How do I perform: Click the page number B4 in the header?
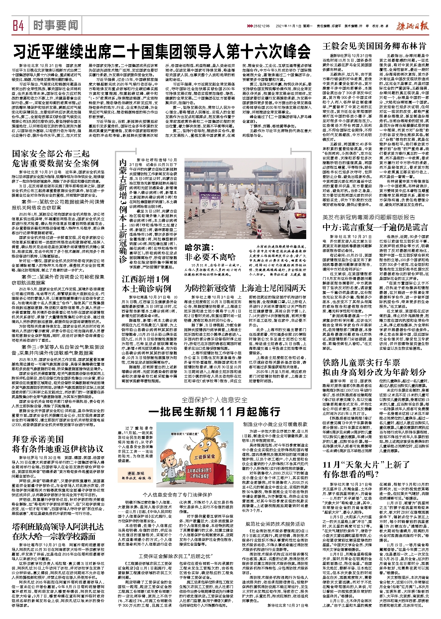click(18, 26)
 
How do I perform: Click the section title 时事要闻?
click(56, 25)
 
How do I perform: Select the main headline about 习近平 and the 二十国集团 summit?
click(162, 51)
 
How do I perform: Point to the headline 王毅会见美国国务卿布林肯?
click(374, 46)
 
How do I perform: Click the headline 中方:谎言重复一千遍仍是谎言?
click(375, 227)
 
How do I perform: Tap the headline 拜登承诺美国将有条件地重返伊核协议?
click(57, 444)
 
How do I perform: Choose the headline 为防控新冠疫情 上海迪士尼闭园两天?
click(245, 288)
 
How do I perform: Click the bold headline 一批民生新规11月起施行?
click(214, 412)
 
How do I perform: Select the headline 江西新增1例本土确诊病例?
click(146, 283)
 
